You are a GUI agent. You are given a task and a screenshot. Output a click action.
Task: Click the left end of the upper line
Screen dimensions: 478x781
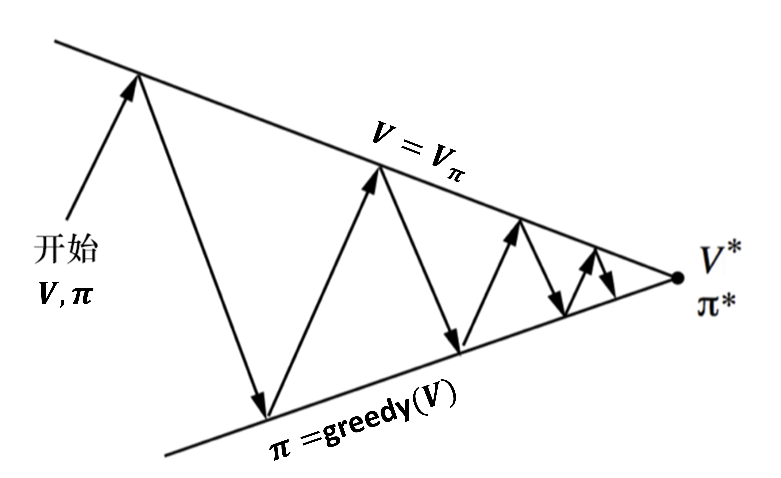click(56, 41)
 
